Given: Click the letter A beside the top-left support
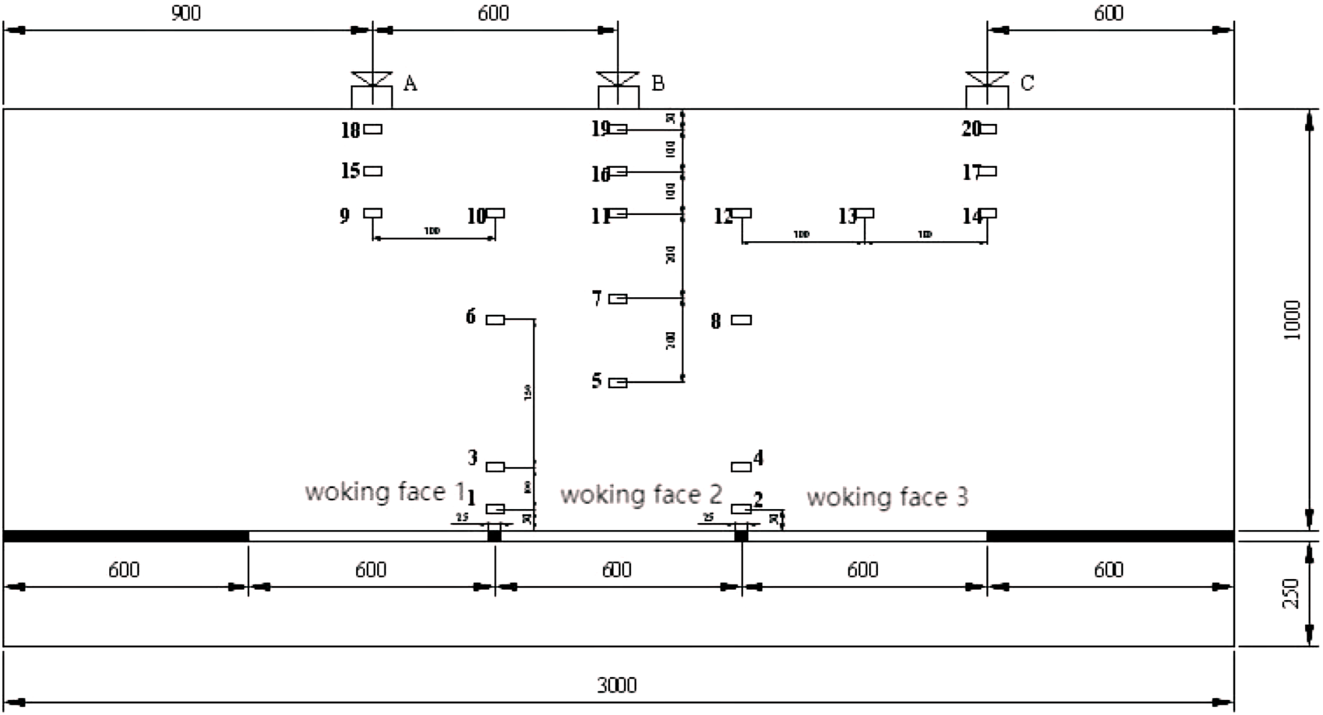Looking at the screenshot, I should (x=410, y=83).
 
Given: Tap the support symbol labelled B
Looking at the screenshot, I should (x=617, y=89).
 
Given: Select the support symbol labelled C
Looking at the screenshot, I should (x=986, y=89).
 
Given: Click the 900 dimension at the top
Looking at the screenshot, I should (x=185, y=13).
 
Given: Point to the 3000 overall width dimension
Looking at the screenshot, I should (x=617, y=685).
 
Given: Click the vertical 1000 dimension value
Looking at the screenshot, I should (x=1292, y=320).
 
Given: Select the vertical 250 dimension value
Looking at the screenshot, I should (x=1292, y=593).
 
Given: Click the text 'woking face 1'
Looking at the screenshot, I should (x=385, y=492).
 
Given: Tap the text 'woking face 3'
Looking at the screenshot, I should (x=887, y=497).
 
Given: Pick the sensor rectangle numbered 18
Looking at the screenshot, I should (x=373, y=129).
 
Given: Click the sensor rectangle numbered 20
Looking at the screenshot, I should (x=988, y=129).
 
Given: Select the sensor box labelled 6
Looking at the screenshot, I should (x=495, y=319).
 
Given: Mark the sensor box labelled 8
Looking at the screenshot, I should (x=741, y=319).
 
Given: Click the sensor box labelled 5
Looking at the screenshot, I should (x=617, y=383).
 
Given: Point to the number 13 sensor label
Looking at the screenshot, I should (x=847, y=216).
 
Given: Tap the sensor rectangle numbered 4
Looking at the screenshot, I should (x=741, y=466).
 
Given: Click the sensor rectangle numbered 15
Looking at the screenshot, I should (x=373, y=171).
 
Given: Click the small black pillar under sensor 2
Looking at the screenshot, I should (x=741, y=535).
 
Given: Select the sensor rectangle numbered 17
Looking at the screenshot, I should (x=988, y=171).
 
